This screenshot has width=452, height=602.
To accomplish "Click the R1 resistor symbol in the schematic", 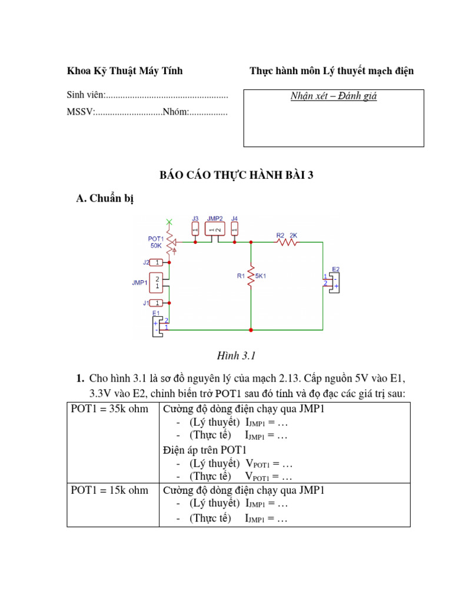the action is point(251,275).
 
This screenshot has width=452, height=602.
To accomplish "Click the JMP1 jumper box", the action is point(157,283).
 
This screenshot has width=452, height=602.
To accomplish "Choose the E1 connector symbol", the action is point(158,325).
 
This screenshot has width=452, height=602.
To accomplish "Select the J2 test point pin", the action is point(156,262).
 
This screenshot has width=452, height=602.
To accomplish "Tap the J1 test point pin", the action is point(156,303).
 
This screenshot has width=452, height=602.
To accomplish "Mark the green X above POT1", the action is point(169,222).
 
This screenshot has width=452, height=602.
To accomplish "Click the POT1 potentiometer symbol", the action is point(170,242).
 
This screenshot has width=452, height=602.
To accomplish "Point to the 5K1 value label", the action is point(261,275).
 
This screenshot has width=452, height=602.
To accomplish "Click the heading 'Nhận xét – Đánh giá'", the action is point(334,96).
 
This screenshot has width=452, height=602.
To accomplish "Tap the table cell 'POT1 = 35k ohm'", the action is point(110,409).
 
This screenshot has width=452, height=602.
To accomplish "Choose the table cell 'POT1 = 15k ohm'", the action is point(110,490).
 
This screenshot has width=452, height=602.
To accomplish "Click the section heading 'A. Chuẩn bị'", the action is point(105,199).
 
